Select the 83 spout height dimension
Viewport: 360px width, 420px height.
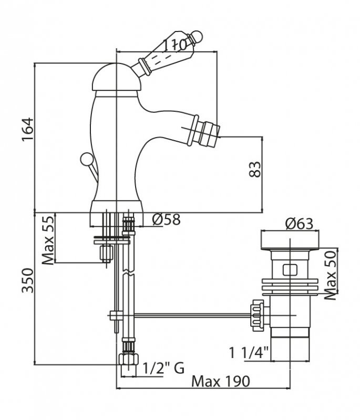pyautogui.click(x=255, y=169)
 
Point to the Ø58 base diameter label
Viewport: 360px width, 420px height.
pyautogui.click(x=166, y=220)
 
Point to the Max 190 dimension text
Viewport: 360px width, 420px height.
pyautogui.click(x=220, y=381)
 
